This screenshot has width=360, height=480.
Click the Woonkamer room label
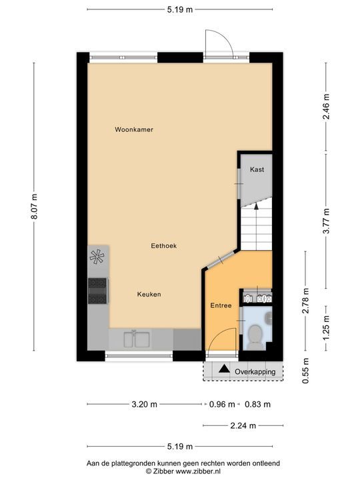(x=134, y=129)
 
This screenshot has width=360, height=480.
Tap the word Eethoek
(x=164, y=245)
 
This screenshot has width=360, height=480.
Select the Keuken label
(x=149, y=294)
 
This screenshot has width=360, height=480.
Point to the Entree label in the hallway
(x=221, y=306)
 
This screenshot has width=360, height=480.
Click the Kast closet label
(x=257, y=169)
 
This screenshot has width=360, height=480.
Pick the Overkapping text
(x=255, y=372)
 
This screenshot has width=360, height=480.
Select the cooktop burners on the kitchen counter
(x=97, y=291)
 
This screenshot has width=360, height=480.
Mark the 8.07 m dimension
(x=34, y=209)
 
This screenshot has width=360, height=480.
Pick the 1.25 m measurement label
(x=326, y=329)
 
